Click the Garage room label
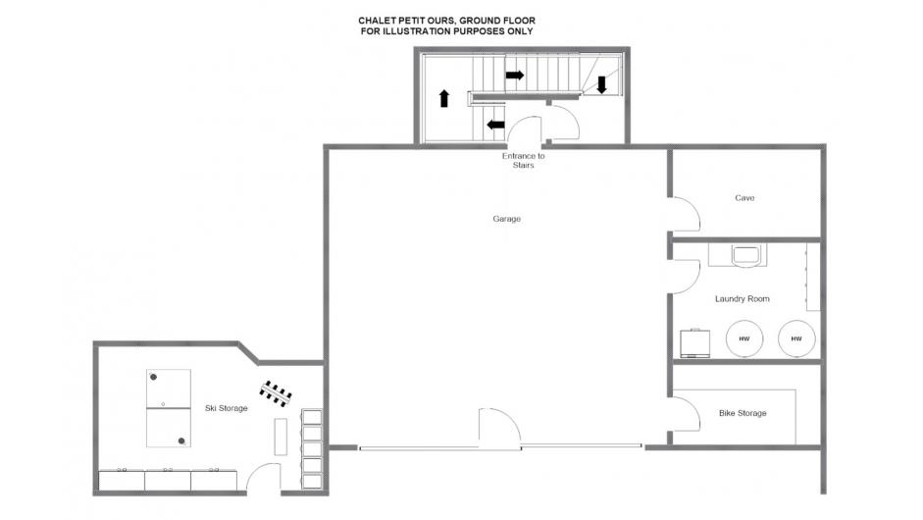point(506,219)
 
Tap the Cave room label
point(744,198)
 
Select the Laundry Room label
point(742,298)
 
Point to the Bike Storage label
point(743,413)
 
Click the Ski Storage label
point(226,408)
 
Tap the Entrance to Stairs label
point(524,160)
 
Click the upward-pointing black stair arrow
point(444,98)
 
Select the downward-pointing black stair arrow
point(601,84)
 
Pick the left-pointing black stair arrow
point(495,125)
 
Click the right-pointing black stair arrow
point(515,75)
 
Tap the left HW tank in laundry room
point(744,338)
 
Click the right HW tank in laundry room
point(796,338)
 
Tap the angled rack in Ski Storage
point(276,393)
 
